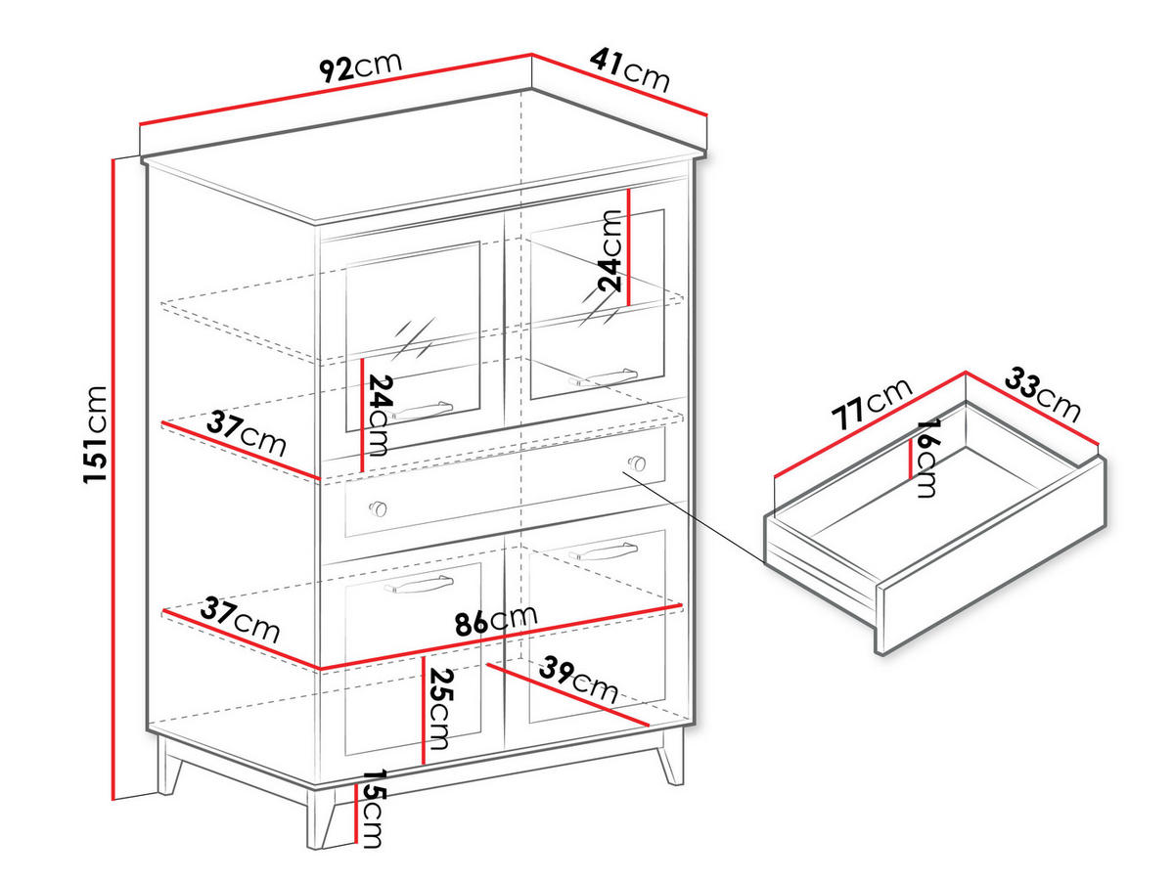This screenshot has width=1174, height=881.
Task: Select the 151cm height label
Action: tap(96, 434)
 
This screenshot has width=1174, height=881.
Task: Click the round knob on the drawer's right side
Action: tap(637, 463)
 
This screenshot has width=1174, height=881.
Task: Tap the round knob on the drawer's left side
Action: tap(378, 508)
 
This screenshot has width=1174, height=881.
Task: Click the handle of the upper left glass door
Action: tap(422, 409)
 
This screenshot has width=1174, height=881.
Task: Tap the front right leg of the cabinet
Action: tap(671, 759)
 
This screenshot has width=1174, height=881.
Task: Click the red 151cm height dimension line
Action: tap(113, 489)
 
